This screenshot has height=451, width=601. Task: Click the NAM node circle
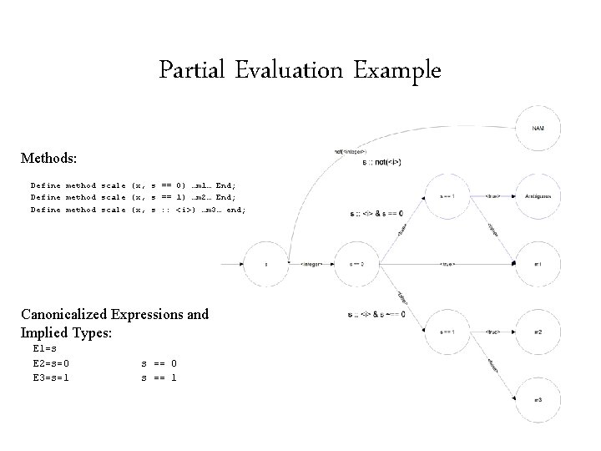pyautogui.click(x=538, y=128)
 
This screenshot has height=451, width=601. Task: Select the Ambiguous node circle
pyautogui.click(x=538, y=196)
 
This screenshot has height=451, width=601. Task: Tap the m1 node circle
pyautogui.click(x=538, y=264)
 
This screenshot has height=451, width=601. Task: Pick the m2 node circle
pyautogui.click(x=538, y=332)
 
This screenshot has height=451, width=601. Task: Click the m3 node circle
pyautogui.click(x=538, y=400)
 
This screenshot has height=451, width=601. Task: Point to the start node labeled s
pyautogui.click(x=266, y=264)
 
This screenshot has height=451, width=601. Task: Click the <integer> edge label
pyautogui.click(x=311, y=264)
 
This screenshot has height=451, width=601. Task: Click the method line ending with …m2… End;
pyautogui.click(x=138, y=197)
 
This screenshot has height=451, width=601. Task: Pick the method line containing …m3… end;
pyautogui.click(x=138, y=210)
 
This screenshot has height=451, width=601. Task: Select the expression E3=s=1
pyautogui.click(x=52, y=377)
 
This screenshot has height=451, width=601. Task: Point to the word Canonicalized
pyautogui.click(x=73, y=314)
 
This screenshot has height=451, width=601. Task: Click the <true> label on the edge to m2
pyautogui.click(x=493, y=332)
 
